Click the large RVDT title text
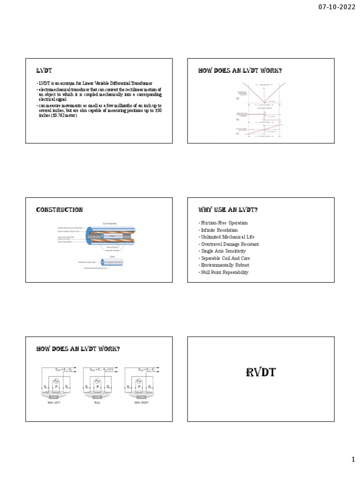pos(261,373)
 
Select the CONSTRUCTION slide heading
pos(60,210)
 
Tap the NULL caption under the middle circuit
pos(97,403)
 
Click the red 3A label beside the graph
pos(238,99)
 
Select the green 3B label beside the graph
pos(238,120)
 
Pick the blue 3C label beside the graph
pos(238,134)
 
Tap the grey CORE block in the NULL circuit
pos(97,397)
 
